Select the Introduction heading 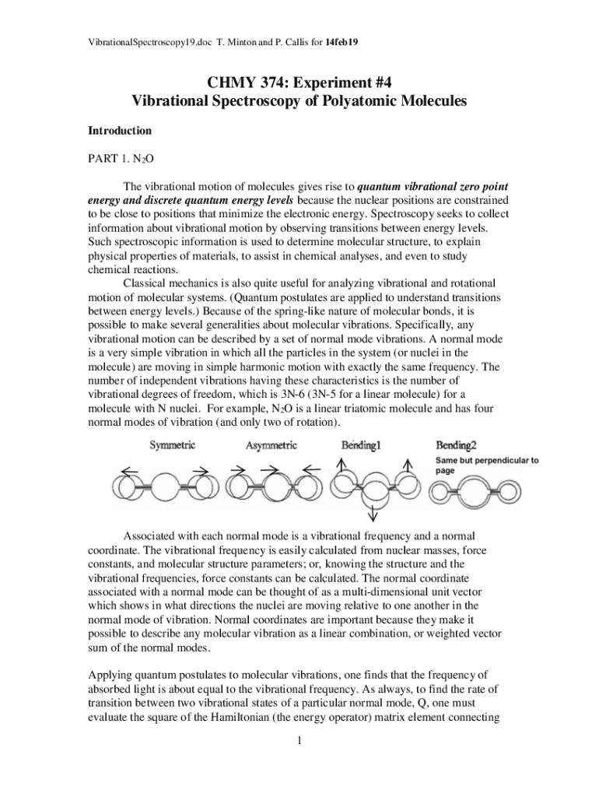pos(118,130)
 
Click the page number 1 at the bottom pos(299,740)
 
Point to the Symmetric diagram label pos(173,446)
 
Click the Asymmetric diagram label pos(271,446)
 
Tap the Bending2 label pos(456,446)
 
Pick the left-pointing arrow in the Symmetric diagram pos(130,469)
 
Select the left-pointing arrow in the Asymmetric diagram pos(311,469)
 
